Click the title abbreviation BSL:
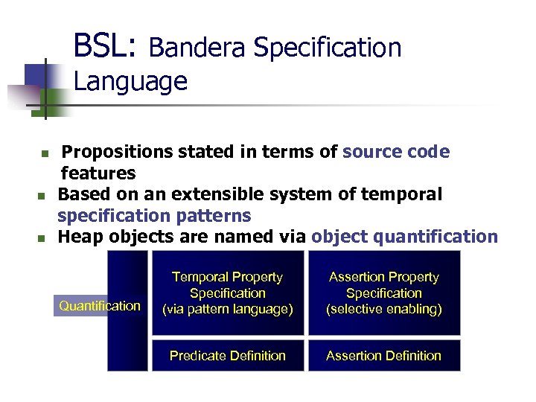point(105,46)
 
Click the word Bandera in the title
point(197,48)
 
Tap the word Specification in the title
point(328,48)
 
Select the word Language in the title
point(130,80)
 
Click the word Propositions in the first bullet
point(118,152)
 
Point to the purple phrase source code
point(396,152)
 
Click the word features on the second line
point(98,173)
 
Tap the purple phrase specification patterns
point(154,216)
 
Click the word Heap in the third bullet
point(77,237)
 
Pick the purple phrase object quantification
point(404,237)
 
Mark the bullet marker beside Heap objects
point(42,239)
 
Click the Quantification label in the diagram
point(100,305)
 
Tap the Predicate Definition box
point(227,356)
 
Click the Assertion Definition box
point(383,356)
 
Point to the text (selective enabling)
point(383,310)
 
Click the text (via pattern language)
point(227,310)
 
